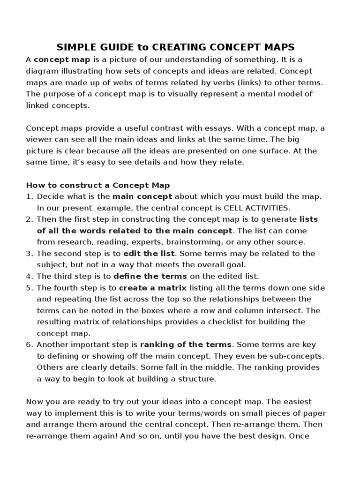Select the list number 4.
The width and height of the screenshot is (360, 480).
click(29, 276)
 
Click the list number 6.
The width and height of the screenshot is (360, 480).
click(29, 345)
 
